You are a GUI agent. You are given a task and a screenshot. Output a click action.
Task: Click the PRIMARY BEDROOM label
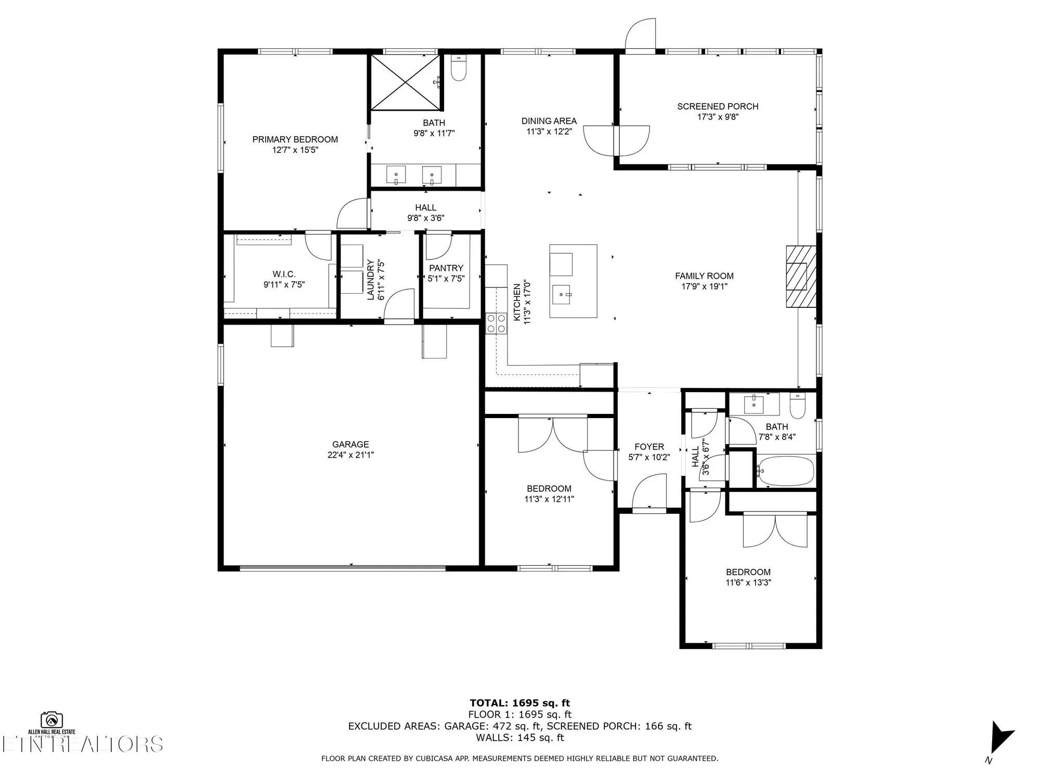[295, 139]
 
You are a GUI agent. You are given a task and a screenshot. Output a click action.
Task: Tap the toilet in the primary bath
[458, 68]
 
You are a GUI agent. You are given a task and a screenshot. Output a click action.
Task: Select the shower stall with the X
[406, 82]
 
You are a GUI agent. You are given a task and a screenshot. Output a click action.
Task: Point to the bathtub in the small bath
[785, 471]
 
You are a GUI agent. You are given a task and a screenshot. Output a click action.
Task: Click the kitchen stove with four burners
[496, 323]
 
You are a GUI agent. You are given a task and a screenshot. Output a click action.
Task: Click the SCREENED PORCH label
[718, 107]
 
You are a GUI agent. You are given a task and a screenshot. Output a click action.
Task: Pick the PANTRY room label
[446, 268]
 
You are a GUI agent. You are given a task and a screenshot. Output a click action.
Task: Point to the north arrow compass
[1001, 737]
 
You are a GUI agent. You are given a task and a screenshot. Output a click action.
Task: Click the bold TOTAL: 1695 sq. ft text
[520, 704]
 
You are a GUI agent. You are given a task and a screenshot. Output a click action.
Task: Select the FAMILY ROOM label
[704, 276]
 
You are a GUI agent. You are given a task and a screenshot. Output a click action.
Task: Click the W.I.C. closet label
[284, 274]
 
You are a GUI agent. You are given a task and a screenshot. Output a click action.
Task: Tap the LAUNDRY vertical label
[371, 280]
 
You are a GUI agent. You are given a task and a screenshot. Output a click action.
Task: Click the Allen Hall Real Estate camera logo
[52, 720]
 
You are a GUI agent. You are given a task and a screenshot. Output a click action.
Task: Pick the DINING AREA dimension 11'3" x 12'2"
[549, 132]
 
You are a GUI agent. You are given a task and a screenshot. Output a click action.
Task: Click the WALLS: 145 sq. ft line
[520, 737]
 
